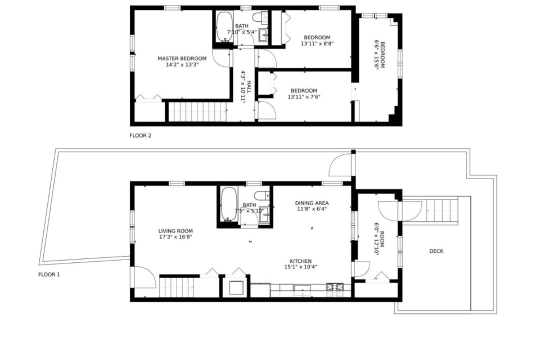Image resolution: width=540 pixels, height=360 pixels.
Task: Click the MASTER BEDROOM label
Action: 182,58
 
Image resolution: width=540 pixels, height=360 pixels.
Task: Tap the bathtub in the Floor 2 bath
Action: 224,27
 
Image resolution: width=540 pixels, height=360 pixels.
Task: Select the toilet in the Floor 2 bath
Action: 260,17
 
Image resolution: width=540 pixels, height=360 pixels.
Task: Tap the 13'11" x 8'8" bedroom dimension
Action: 317,44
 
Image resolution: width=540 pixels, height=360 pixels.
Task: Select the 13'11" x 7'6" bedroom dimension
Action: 304,97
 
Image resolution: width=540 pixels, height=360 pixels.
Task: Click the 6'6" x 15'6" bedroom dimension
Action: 377,55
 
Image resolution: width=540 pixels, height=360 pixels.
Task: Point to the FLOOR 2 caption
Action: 140,135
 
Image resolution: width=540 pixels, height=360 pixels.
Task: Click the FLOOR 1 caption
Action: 49,275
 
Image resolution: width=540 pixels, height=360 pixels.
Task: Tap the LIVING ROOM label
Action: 175,231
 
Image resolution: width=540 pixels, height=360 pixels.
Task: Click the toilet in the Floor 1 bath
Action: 263,195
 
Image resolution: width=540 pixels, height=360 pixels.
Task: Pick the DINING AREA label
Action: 311,203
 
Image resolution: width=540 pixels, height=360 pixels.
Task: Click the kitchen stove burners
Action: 334,286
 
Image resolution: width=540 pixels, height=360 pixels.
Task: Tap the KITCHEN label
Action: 300,261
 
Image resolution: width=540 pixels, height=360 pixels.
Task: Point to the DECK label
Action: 436,251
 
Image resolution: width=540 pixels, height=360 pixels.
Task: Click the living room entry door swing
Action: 144,276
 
